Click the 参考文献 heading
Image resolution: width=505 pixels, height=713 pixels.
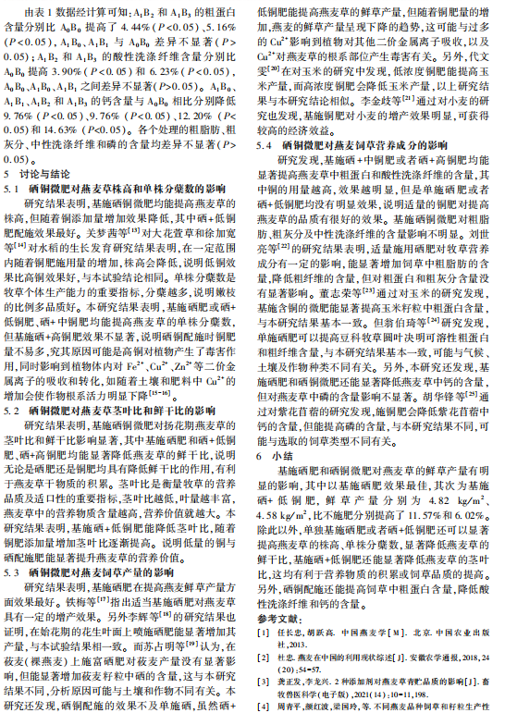[277, 616]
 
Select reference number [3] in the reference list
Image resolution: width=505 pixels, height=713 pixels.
[264, 679]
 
